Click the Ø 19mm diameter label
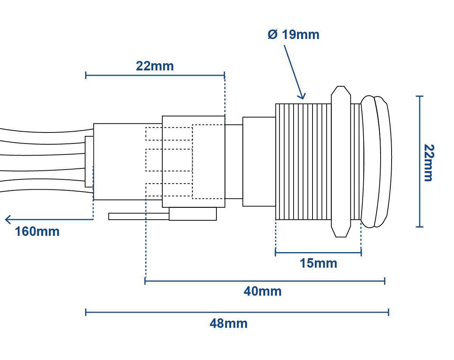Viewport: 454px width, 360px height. (x=294, y=34)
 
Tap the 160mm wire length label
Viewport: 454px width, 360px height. (x=37, y=231)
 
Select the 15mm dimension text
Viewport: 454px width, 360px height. (x=318, y=263)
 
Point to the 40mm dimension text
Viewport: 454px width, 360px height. (x=263, y=291)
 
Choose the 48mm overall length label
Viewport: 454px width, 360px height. (x=229, y=324)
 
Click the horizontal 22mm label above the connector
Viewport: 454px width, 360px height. (x=155, y=66)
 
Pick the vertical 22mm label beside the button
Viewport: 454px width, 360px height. (x=429, y=162)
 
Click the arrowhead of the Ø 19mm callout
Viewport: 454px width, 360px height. (x=303, y=97)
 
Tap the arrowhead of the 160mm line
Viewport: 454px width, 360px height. (x=8, y=220)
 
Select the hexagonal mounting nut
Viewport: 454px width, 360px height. (x=341, y=162)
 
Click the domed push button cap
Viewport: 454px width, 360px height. (x=376, y=162)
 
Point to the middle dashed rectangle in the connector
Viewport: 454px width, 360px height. (x=169, y=160)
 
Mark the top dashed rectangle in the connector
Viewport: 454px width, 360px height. (x=169, y=134)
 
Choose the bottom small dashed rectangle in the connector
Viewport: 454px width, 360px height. (x=169, y=190)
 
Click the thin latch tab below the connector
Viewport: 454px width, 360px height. (x=138, y=217)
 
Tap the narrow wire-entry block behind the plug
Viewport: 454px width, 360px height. (x=89, y=162)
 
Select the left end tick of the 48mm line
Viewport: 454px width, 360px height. (x=86, y=312)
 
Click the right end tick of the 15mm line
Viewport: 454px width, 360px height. (x=361, y=252)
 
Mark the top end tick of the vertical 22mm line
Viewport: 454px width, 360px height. (x=420, y=96)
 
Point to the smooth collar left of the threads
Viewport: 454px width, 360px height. (x=259, y=162)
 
